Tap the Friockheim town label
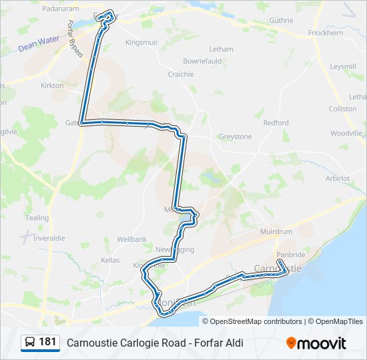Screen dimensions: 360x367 [326, 33]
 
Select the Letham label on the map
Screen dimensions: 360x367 [222, 49]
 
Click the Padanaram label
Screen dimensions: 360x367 [61, 9]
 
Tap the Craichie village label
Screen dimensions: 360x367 [181, 74]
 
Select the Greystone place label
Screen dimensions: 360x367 [236, 137]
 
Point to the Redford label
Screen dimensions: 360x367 [276, 123]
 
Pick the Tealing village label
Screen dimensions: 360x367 [37, 218]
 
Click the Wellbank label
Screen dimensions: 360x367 [131, 239]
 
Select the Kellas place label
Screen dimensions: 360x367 [109, 259]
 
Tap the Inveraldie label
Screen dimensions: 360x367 [49, 238]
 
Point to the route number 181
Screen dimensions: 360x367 [47, 342]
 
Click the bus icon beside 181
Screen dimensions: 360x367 [30, 343]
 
